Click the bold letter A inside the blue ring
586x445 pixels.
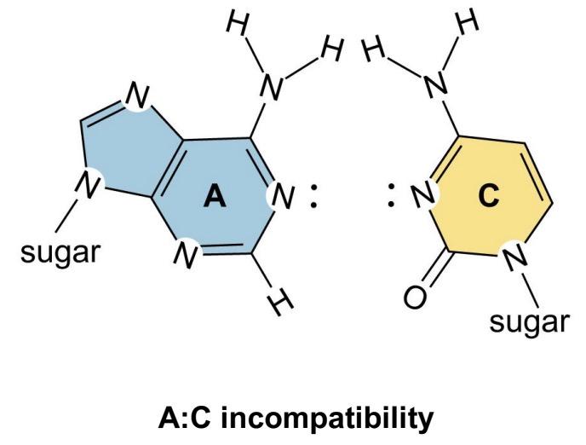215,198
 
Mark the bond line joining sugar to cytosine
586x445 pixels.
532,291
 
